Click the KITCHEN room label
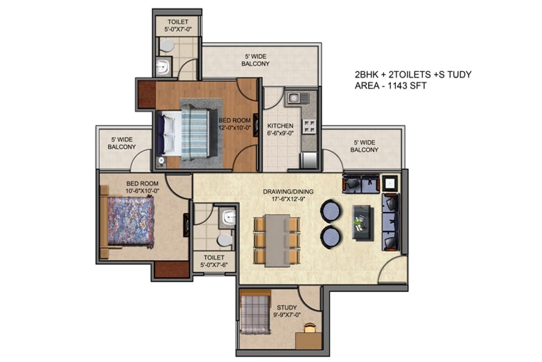tap(280, 126)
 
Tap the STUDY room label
tap(287, 307)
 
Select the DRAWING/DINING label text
tap(288, 192)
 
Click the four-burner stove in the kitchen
tap(309, 126)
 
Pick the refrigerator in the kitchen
tap(308, 161)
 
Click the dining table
tap(277, 241)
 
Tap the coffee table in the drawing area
tap(363, 223)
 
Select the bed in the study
tap(255, 314)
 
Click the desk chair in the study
tap(310, 327)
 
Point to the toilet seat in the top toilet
tap(166, 46)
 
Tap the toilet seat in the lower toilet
tap(225, 241)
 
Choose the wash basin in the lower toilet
tap(229, 218)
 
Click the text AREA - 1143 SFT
tap(391, 86)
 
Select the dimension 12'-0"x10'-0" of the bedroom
tap(234, 127)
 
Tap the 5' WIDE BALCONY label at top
tap(256, 60)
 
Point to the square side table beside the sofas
tap(390, 183)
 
